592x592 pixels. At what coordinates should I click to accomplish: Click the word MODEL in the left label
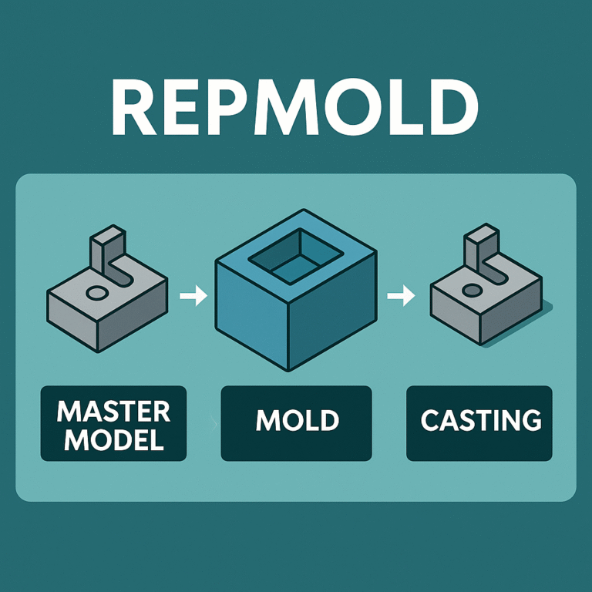coord(113,439)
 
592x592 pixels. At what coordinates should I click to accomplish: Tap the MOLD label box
coord(297,422)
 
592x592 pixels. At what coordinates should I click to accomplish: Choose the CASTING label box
coord(479,422)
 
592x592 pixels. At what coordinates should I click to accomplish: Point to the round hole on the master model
coord(97,293)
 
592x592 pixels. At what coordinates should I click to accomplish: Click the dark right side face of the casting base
coord(513,312)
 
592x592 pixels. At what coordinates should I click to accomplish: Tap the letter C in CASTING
coord(431,421)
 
